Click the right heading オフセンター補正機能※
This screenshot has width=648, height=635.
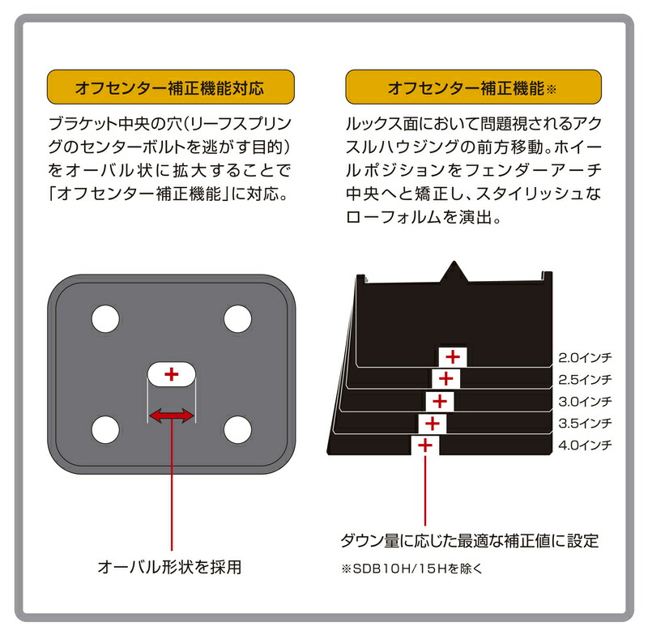point(473,87)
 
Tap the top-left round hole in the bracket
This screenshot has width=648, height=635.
point(104,318)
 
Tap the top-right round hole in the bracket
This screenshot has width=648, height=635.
point(237,318)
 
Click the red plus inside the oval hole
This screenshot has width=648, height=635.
point(171,374)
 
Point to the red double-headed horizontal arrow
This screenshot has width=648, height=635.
point(171,416)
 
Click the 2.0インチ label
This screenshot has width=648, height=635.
point(584,357)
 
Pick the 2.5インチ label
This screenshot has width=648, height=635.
point(584,379)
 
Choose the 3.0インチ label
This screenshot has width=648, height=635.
point(584,401)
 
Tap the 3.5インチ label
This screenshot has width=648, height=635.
point(584,423)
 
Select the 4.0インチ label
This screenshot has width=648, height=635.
point(584,445)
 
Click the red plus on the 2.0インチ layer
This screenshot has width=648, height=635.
point(453,356)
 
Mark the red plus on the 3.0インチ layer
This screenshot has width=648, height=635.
point(439,401)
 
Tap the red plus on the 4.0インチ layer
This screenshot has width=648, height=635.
point(425,445)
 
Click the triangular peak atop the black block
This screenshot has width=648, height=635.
point(453,271)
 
